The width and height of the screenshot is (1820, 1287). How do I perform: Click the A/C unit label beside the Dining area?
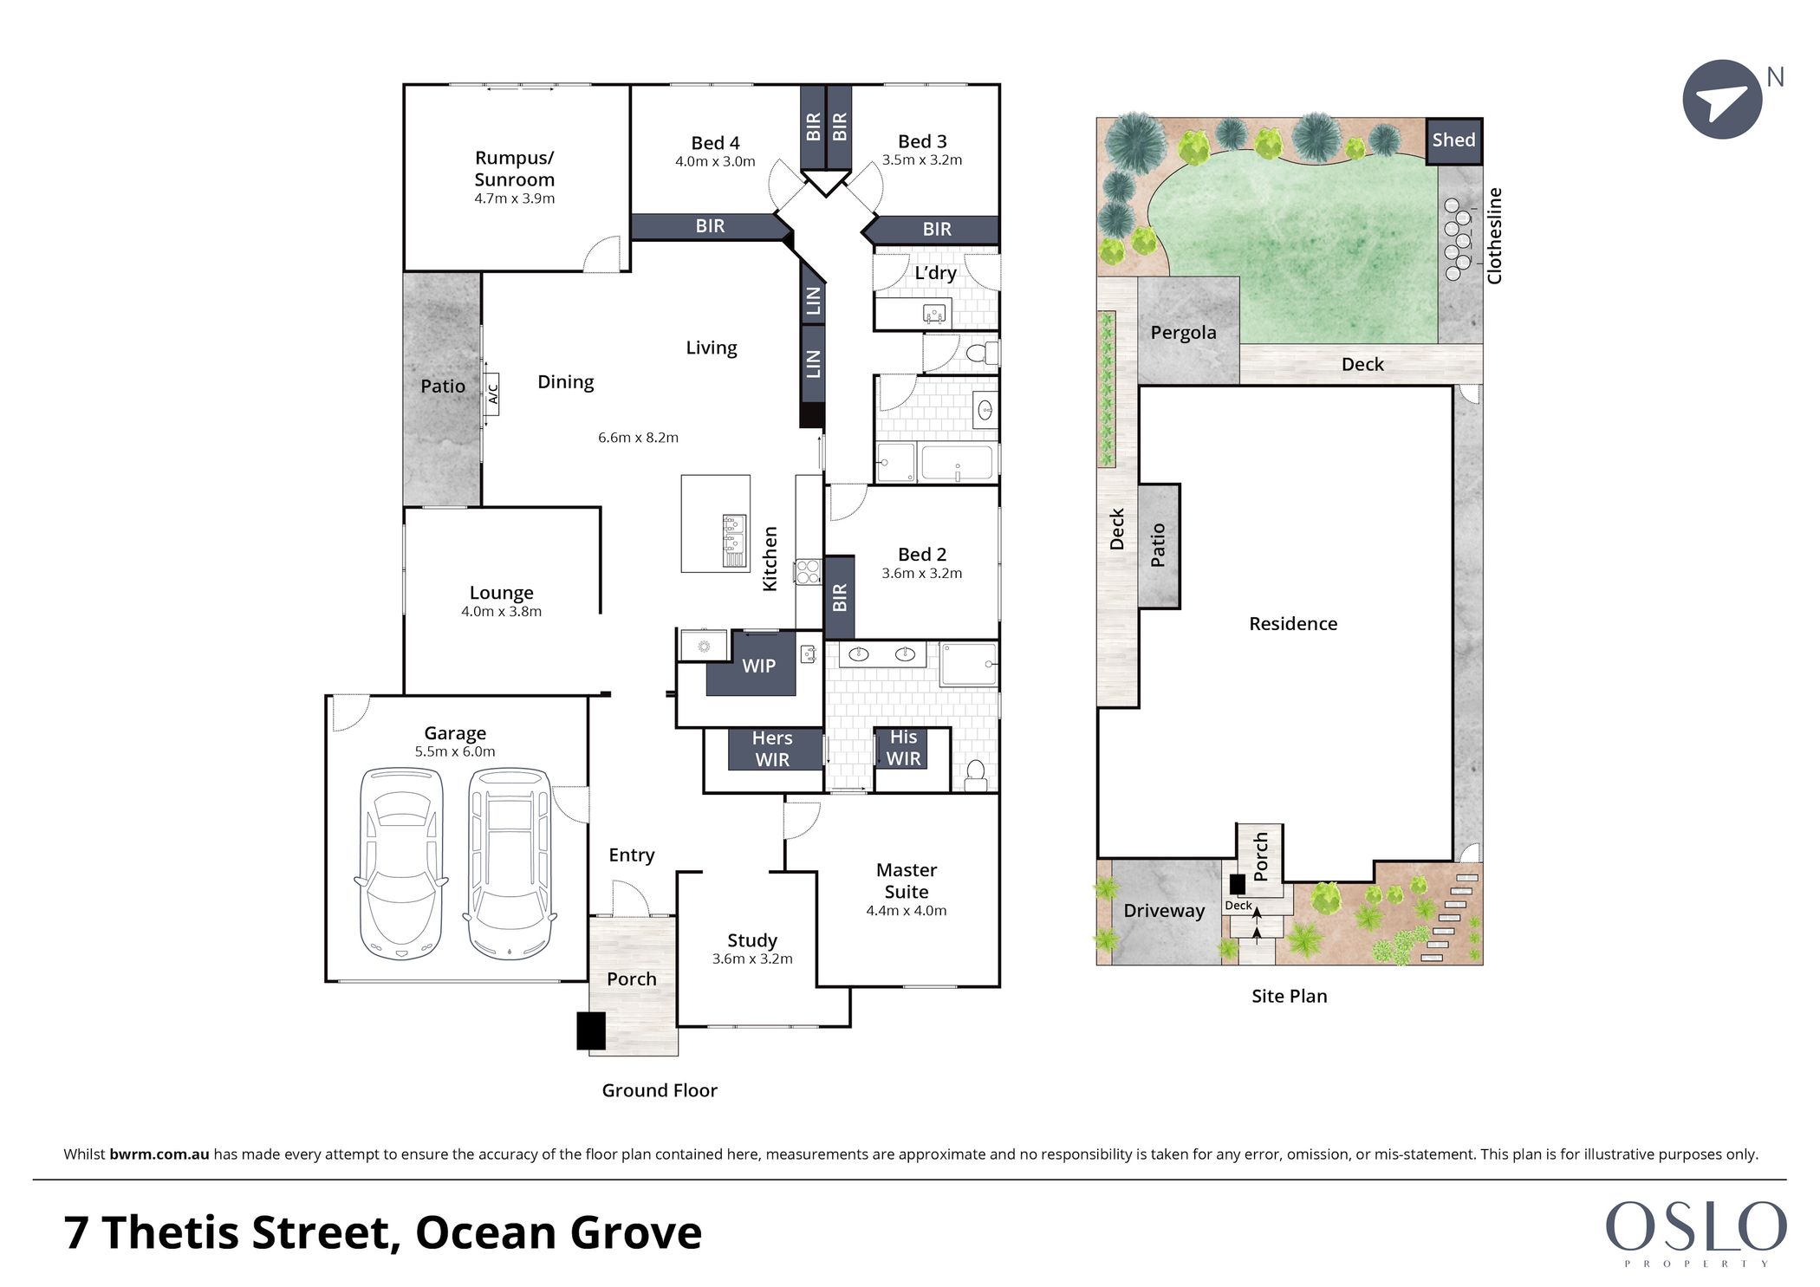point(493,394)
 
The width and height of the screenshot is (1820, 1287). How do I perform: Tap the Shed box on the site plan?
point(1454,140)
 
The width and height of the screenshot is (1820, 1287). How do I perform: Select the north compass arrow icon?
point(1722,100)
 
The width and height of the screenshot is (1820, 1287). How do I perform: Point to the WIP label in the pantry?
point(758,666)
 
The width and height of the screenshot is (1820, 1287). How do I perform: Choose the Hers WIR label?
point(772,749)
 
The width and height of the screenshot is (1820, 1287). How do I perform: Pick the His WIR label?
point(903,748)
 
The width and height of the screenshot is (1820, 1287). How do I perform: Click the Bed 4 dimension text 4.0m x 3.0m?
point(715,161)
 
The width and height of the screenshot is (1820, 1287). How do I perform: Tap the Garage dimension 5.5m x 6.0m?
point(455,751)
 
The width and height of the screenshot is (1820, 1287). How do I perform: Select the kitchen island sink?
point(734,541)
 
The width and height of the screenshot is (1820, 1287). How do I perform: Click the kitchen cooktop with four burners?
point(808,572)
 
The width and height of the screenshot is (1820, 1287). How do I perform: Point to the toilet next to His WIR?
point(976,775)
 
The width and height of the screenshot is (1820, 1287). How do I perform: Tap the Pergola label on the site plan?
point(1183,333)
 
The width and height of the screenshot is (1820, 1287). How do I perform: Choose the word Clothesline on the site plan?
point(1494,236)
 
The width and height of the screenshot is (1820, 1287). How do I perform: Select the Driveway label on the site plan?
point(1164,911)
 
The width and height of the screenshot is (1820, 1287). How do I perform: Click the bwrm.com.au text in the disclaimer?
point(159,1154)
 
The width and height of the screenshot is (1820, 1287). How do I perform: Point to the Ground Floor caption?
point(660,1090)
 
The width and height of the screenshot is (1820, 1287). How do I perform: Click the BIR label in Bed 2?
point(839,598)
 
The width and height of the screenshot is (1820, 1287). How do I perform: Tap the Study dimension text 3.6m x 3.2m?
point(752,959)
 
